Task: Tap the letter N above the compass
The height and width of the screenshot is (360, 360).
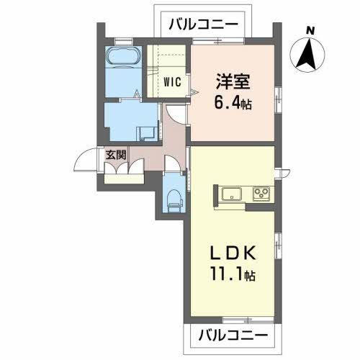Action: [x=310, y=30]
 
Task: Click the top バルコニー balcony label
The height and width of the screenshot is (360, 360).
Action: [x=203, y=24]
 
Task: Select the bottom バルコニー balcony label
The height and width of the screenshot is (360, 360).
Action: [x=232, y=336]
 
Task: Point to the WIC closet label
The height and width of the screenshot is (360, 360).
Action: [x=171, y=81]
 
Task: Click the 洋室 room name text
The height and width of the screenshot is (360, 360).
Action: [x=232, y=81]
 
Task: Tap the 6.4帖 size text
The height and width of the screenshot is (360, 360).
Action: [x=233, y=102]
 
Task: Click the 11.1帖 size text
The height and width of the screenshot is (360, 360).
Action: [x=230, y=274]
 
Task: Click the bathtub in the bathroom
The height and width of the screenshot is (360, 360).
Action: [x=125, y=60]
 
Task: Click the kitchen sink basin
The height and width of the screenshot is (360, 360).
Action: [x=232, y=193]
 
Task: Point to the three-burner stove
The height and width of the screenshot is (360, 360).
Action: [x=260, y=193]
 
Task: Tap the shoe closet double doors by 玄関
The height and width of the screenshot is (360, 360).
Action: [x=122, y=169]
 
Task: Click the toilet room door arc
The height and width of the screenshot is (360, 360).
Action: [x=173, y=163]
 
